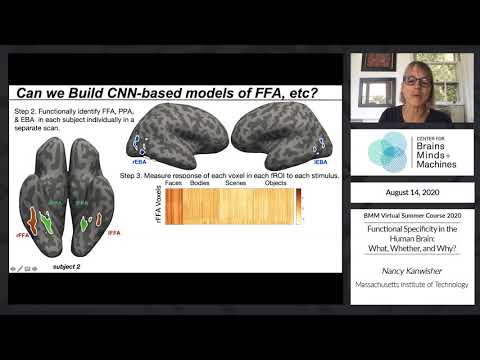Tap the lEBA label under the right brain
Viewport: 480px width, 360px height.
[x=321, y=159]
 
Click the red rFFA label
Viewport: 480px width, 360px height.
[x=22, y=234]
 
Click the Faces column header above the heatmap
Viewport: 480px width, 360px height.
[x=173, y=183]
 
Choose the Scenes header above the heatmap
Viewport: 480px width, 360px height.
[x=236, y=183]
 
